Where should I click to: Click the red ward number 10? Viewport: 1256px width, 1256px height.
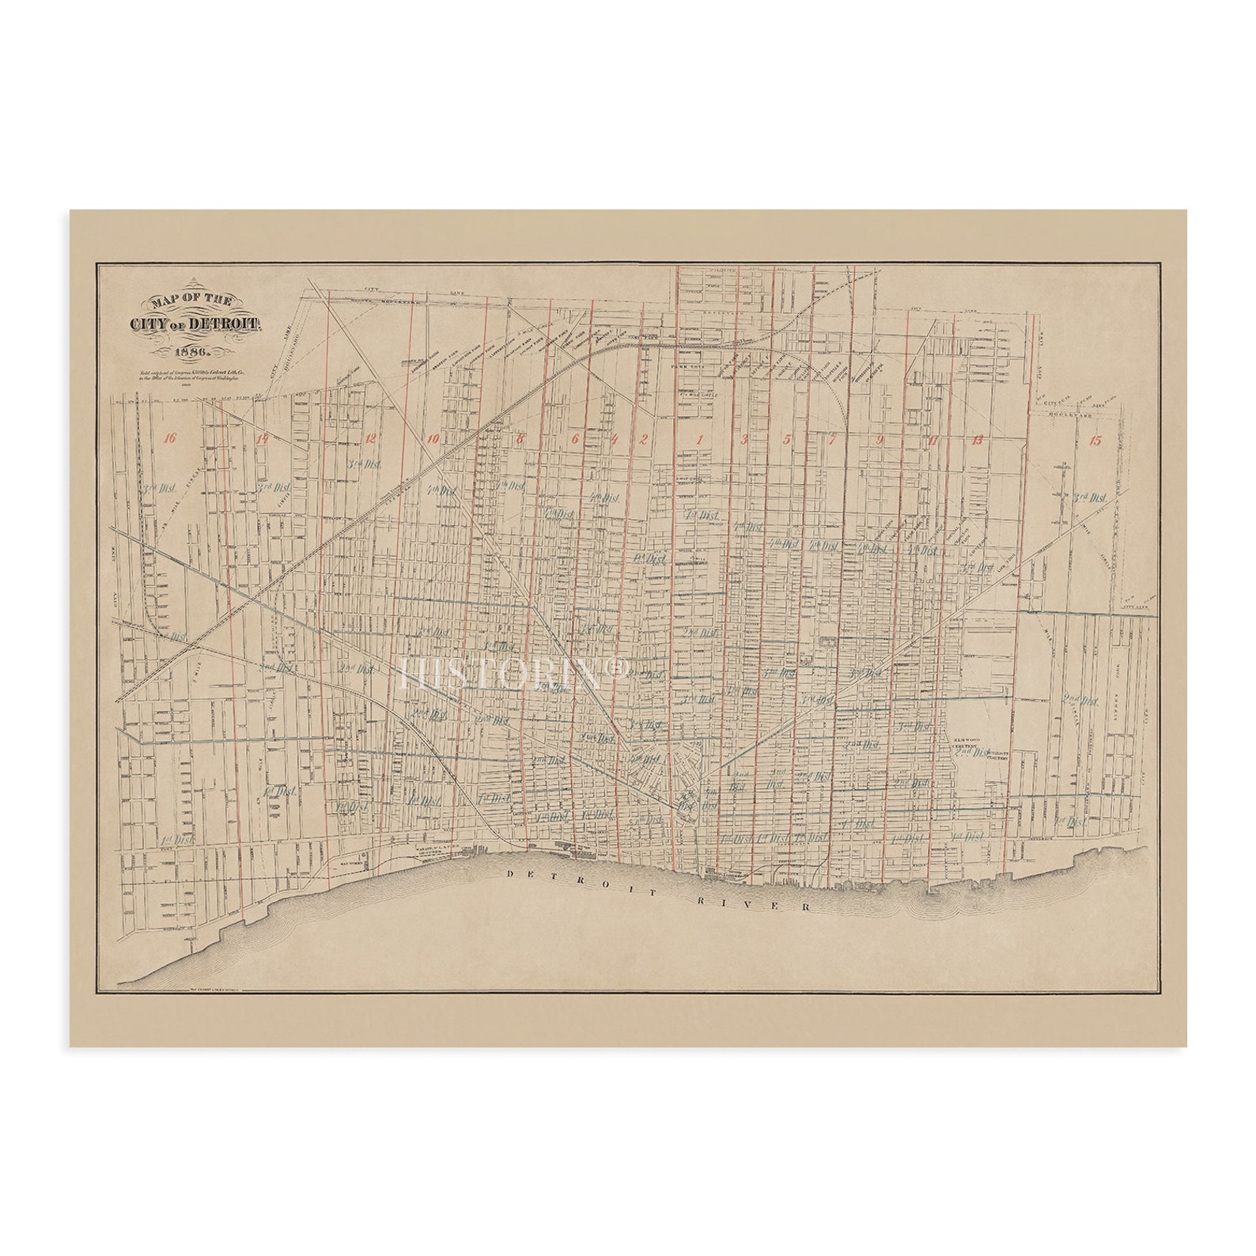tap(431, 439)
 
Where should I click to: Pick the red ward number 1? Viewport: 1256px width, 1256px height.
tap(699, 439)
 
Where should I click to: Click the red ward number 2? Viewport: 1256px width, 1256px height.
tap(644, 439)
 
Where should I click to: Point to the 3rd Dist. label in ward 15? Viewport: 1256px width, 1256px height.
tap(1089, 498)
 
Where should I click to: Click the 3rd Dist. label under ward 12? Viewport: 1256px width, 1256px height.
tap(365, 464)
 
